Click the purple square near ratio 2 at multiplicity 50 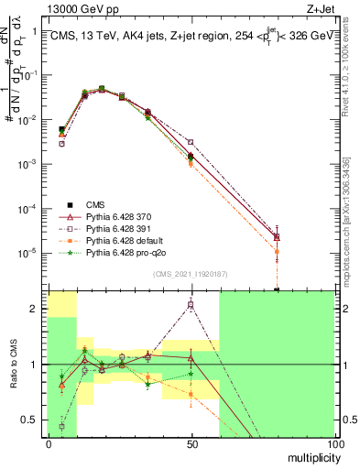pos(191,304)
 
